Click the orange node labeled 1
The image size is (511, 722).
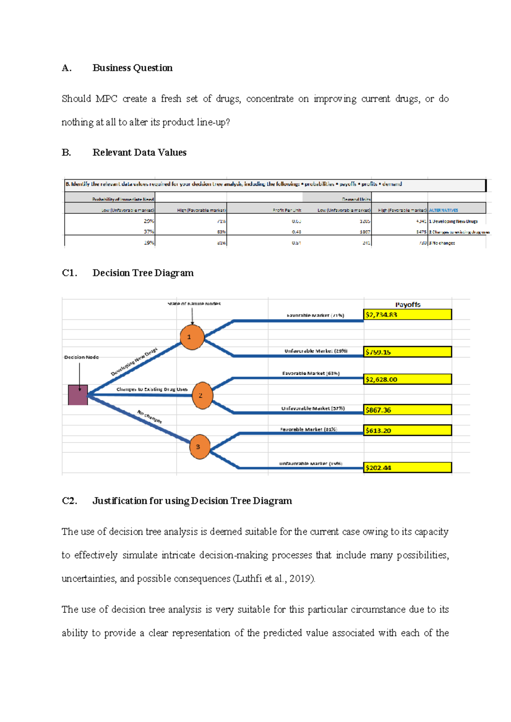tap(192, 337)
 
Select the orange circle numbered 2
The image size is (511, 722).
tap(202, 395)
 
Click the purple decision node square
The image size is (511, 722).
tap(78, 395)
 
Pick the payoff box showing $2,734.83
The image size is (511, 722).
tap(408, 315)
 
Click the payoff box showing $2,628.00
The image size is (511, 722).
tap(408, 379)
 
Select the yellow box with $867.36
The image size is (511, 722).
tap(408, 410)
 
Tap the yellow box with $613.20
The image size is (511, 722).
tap(408, 430)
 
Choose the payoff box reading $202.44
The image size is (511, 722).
tap(408, 468)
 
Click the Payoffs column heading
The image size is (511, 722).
tap(408, 304)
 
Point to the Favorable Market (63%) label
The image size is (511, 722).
tap(311, 373)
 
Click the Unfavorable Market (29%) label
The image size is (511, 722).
tap(316, 351)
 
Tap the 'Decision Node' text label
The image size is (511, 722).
tap(81, 357)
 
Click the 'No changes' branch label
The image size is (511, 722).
tap(149, 417)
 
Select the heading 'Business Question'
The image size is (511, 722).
tap(132, 68)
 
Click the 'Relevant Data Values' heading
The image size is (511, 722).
tap(139, 153)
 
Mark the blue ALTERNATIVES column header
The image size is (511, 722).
tap(443, 210)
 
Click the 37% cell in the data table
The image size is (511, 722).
tap(149, 232)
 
